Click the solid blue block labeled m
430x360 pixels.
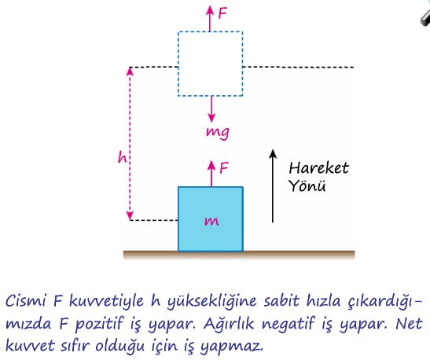[x=211, y=219]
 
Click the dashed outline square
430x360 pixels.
[x=178, y=64]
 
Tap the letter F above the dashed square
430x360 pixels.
[x=223, y=13]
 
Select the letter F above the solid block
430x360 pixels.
[x=224, y=167]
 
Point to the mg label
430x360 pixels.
[x=218, y=133]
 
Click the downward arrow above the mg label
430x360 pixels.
[x=211, y=109]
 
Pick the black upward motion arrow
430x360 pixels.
[x=273, y=186]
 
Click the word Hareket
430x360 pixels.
[x=318, y=168]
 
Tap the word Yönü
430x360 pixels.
[x=307, y=186]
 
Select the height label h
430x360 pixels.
[x=122, y=157]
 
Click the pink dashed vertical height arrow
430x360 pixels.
[x=130, y=144]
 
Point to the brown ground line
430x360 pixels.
[x=239, y=255]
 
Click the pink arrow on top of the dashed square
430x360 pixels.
[x=210, y=19]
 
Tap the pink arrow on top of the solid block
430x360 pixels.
[x=211, y=174]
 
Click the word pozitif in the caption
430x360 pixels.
[x=100, y=324]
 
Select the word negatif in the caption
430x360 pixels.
[x=288, y=324]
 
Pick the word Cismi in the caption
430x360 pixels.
[x=25, y=301]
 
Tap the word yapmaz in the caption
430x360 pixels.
[x=231, y=347]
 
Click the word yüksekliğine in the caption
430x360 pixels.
[x=211, y=302]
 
